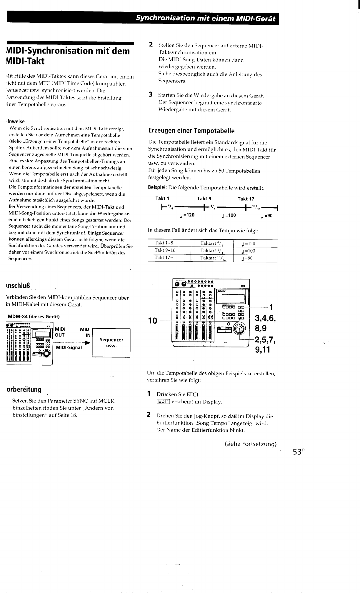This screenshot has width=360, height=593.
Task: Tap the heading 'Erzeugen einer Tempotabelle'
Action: (191, 131)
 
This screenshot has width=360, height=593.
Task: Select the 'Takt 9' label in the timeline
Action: (204, 199)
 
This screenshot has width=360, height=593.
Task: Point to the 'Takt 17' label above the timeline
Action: (246, 199)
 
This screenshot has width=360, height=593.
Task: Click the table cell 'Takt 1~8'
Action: (164, 243)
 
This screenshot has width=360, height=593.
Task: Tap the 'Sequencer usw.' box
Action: (111, 343)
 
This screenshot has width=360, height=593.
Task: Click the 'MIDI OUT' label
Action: (60, 332)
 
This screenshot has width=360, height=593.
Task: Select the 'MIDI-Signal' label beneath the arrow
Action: (69, 348)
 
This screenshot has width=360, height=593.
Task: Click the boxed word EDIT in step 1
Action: (163, 402)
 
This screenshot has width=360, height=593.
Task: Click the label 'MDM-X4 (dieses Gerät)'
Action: (34, 317)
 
